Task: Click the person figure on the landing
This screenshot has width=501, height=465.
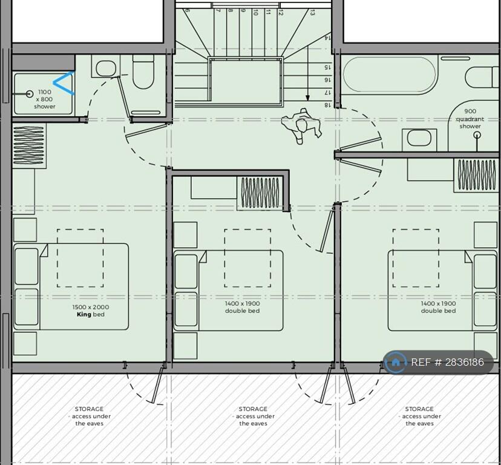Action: tap(301, 126)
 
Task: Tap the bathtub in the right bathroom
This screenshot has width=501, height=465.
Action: tap(389, 76)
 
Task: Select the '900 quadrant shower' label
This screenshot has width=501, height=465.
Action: tap(470, 119)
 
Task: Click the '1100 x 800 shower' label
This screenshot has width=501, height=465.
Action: tap(44, 99)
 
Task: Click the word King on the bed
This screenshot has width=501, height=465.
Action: tap(84, 314)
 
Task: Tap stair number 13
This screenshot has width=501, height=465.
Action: tap(312, 13)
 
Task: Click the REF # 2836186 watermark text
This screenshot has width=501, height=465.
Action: tap(447, 362)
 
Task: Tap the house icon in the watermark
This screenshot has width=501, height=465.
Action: tap(396, 362)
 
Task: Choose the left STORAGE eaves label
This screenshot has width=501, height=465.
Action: tap(90, 416)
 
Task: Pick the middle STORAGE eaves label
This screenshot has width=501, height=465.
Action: tap(254, 416)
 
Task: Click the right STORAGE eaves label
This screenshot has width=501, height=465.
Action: tap(419, 416)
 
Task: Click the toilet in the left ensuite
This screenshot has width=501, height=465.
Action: tap(143, 71)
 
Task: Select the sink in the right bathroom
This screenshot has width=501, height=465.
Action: tap(419, 139)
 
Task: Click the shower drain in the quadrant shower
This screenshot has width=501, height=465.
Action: tap(477, 135)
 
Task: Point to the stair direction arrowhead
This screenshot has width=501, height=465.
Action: tap(308, 98)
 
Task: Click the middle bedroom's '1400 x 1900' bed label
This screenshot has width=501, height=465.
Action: tap(242, 303)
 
